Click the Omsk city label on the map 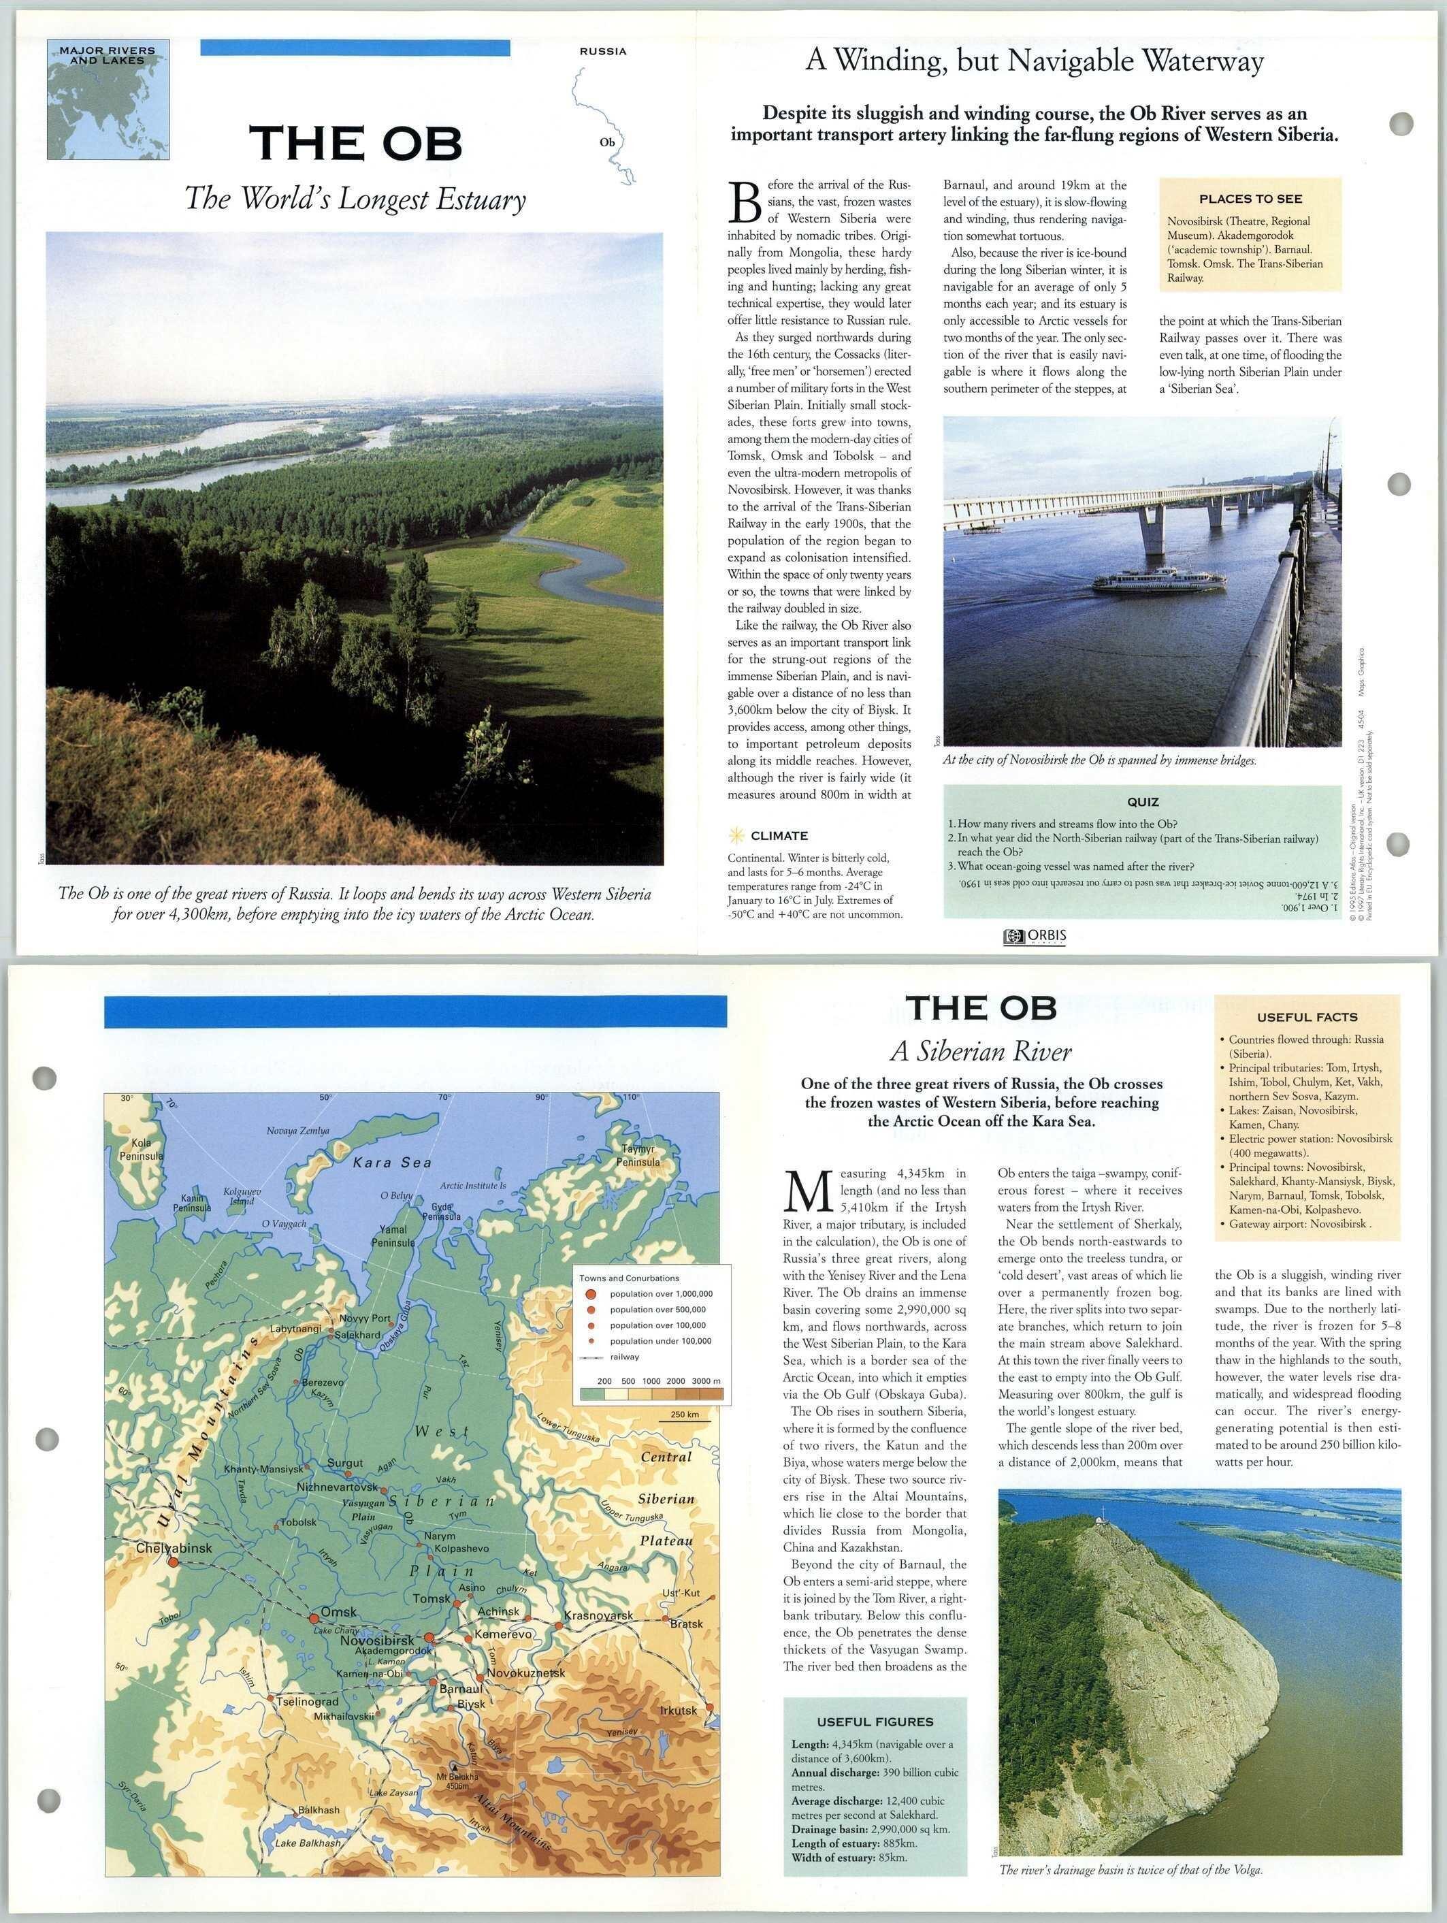coord(338,1612)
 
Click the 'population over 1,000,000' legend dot coord(592,1293)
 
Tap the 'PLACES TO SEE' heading coord(1250,199)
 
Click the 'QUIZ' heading coord(1142,803)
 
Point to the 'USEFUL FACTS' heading coord(1306,1017)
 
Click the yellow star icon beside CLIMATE coord(736,835)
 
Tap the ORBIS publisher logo coord(1034,936)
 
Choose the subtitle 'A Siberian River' coord(980,1052)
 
